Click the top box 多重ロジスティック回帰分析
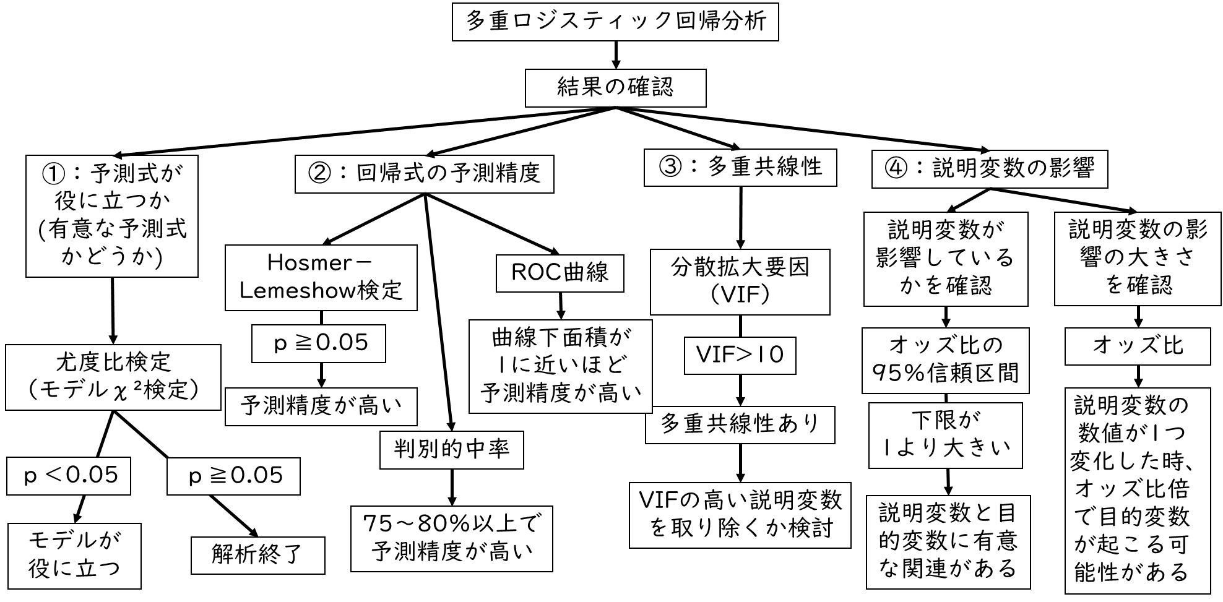615,22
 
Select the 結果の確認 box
615,88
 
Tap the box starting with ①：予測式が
112,215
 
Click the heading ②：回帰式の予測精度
424,174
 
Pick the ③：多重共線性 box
740,167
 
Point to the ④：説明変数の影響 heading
989,169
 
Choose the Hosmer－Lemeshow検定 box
321,278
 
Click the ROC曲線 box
560,273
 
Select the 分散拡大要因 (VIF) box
740,282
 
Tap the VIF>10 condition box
740,355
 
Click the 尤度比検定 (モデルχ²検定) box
113,377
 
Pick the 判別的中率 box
451,450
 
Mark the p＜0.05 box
69,476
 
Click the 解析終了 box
257,555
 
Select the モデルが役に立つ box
74,556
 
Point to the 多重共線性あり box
740,424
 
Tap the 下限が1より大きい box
945,436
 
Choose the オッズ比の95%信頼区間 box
945,360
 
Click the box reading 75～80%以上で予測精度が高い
451,538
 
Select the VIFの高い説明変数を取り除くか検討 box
740,515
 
